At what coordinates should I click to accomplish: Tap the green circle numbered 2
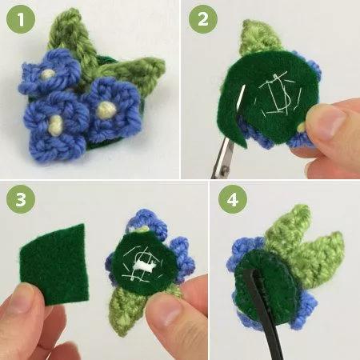203,18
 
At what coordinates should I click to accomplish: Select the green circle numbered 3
21,199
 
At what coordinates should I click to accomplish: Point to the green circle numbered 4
233,199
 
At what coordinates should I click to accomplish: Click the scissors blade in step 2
223,158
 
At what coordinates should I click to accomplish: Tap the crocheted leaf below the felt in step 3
128,310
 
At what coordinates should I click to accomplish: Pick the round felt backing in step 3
144,262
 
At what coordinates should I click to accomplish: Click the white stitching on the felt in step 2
278,94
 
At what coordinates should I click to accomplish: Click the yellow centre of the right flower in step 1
106,110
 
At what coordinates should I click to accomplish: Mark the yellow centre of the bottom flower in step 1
56,126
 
